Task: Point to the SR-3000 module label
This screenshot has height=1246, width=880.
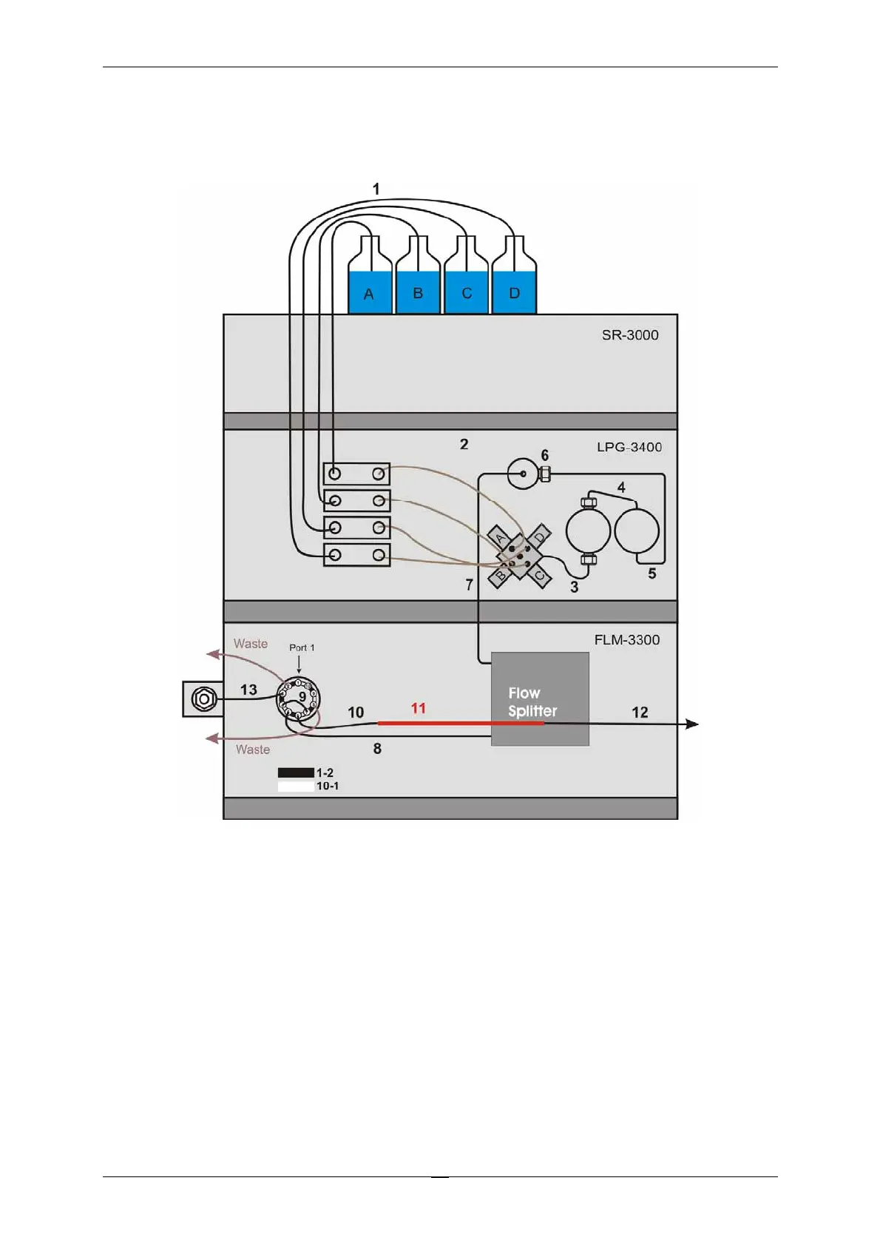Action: click(x=629, y=335)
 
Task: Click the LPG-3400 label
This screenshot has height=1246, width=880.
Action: click(x=629, y=447)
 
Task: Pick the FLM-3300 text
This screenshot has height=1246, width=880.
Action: click(x=626, y=640)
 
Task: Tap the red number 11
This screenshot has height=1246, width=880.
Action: click(x=419, y=708)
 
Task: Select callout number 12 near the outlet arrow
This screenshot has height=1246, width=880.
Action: click(x=640, y=713)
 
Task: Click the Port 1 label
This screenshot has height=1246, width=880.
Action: click(x=302, y=647)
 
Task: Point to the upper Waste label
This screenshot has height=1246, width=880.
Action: click(x=251, y=644)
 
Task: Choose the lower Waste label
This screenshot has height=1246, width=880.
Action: click(x=253, y=750)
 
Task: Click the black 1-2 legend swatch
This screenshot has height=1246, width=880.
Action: click(x=296, y=772)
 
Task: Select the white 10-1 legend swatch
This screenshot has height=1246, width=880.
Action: click(x=296, y=786)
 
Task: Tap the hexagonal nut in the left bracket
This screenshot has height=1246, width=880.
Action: click(x=203, y=698)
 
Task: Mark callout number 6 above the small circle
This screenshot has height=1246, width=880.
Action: click(x=545, y=455)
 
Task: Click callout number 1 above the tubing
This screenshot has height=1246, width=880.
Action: click(x=376, y=189)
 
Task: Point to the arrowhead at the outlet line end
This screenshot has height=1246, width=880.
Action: click(x=692, y=724)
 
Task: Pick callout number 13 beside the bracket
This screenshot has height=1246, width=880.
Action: click(x=248, y=690)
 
